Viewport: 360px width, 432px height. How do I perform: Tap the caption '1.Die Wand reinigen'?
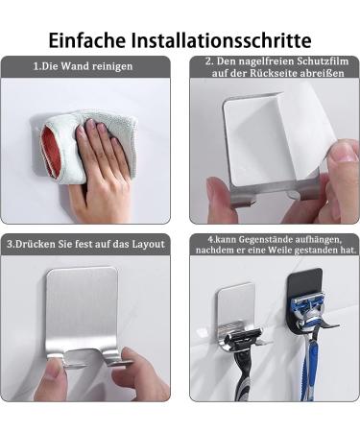pyautogui.click(x=84, y=66)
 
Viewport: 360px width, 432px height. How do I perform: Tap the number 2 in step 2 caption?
pyautogui.click(x=208, y=62)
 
